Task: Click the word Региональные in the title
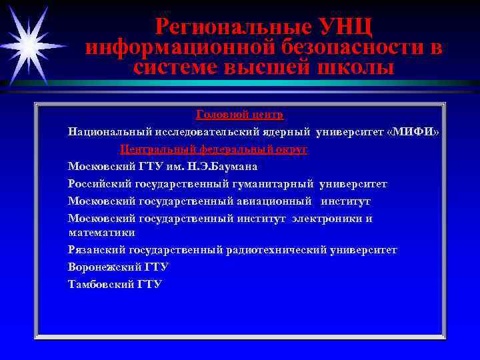point(233,27)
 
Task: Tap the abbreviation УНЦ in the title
point(345,27)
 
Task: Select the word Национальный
point(109,132)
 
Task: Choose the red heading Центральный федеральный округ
point(213,149)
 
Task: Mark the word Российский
point(100,184)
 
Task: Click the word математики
point(101,233)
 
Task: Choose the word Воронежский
point(104,267)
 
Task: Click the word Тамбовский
point(101,285)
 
